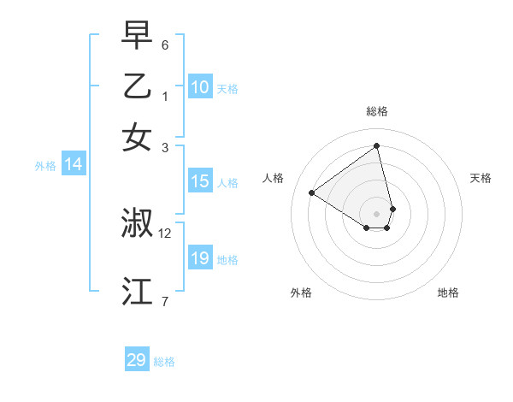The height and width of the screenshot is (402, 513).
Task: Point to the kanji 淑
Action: [137, 223]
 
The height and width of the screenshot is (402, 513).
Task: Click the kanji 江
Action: [137, 292]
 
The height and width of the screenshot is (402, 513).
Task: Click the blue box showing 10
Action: [199, 86]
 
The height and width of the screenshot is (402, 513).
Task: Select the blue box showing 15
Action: [199, 181]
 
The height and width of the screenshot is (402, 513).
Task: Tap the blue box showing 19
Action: [199, 258]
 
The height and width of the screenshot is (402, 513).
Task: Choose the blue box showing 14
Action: [74, 165]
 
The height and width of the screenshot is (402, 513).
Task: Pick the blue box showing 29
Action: [137, 360]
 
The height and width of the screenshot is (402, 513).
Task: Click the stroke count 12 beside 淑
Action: [165, 233]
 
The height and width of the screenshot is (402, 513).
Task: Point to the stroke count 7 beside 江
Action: [165, 301]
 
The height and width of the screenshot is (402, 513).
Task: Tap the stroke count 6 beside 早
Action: [165, 44]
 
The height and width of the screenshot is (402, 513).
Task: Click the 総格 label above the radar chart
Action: [376, 111]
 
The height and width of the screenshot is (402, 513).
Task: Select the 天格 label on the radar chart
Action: [481, 178]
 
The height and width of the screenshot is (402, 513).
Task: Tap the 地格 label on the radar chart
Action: [448, 293]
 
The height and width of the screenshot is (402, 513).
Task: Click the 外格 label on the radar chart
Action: [301, 293]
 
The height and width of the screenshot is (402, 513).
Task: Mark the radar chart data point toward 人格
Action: [312, 193]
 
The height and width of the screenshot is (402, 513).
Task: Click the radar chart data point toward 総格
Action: [376, 146]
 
